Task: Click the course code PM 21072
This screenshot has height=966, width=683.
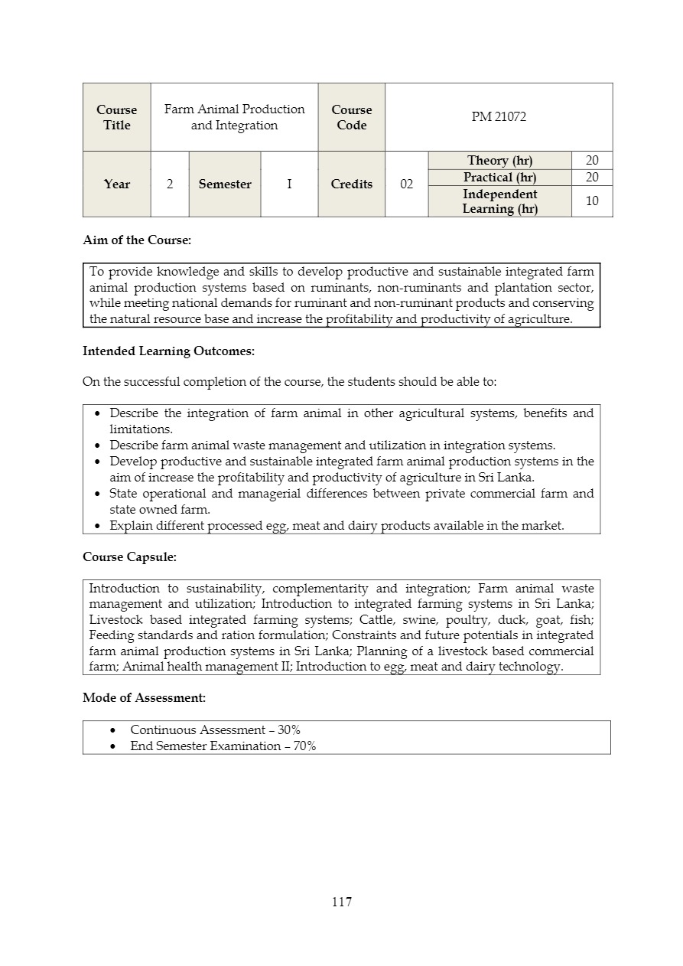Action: pos(499,117)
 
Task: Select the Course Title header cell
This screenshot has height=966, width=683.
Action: pos(117,117)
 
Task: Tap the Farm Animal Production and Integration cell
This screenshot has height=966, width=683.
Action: pos(234,117)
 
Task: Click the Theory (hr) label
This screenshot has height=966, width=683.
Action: pos(499,160)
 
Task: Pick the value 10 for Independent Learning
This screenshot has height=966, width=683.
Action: pos(592,201)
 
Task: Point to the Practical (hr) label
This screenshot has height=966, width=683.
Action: pos(499,178)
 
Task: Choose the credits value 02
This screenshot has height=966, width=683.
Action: pos(406,184)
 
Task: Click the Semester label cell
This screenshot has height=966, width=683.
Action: pos(225,184)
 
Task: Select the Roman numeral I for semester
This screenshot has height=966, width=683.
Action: pos(289,184)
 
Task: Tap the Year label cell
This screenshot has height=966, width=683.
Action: pos(117,184)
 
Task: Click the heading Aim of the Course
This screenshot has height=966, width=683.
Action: pos(137,240)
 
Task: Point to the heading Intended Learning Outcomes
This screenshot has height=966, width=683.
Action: pos(168,352)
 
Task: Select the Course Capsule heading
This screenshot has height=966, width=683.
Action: pos(129,557)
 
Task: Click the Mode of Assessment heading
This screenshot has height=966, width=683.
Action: pos(144,698)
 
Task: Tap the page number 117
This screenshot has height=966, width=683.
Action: pos(342,902)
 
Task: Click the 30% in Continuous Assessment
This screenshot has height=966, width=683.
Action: pos(289,730)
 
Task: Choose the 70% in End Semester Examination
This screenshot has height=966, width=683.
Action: pos(304,746)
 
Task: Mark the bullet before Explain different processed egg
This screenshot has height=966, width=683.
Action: pos(98,526)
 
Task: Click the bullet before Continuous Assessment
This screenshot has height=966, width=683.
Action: pos(113,730)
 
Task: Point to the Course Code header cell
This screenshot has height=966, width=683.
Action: pos(351,117)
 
